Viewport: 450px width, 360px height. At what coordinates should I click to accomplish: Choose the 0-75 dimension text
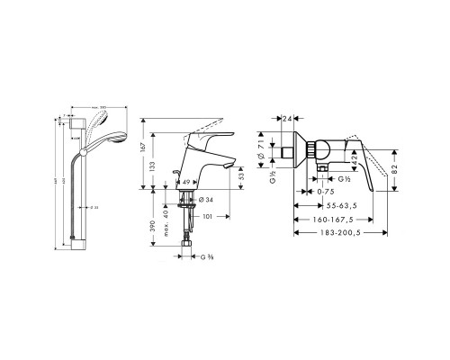tap(326, 192)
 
